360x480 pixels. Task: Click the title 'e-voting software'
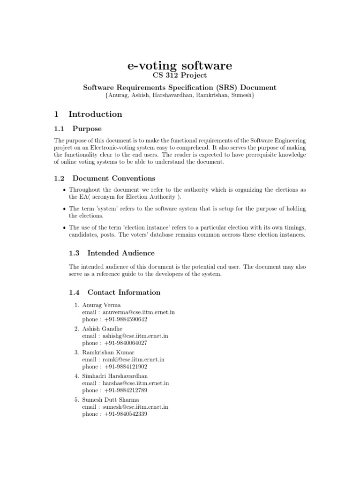click(x=180, y=66)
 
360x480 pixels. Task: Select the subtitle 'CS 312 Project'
click(x=180, y=76)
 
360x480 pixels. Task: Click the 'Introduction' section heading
click(x=95, y=114)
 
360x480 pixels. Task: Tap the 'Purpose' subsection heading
click(x=87, y=128)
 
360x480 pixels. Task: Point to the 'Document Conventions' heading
click(x=113, y=178)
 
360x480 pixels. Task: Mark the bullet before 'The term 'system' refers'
click(x=64, y=209)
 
